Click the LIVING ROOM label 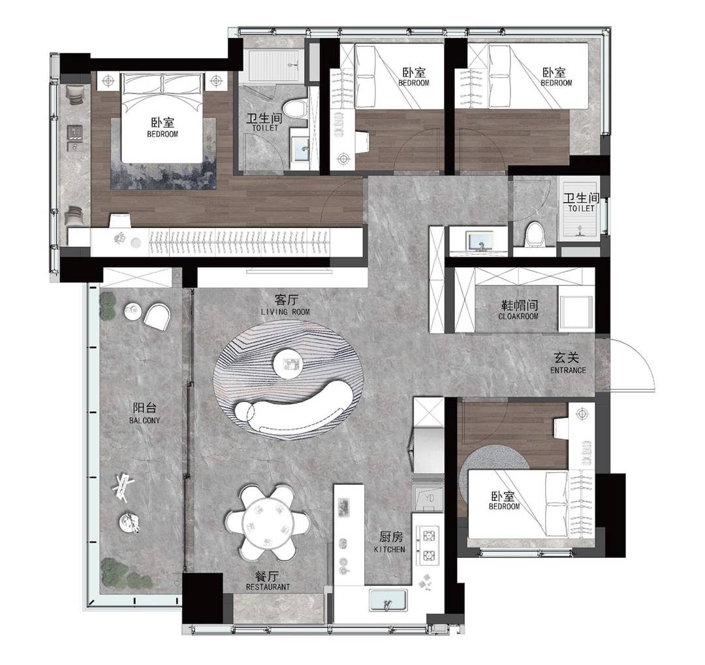(285, 312)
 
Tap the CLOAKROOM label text (518, 316)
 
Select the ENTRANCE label (568, 370)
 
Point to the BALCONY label (144, 421)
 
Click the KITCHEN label (389, 549)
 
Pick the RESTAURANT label (268, 587)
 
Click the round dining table (268, 523)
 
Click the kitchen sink (388, 600)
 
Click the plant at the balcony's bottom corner (128, 574)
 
